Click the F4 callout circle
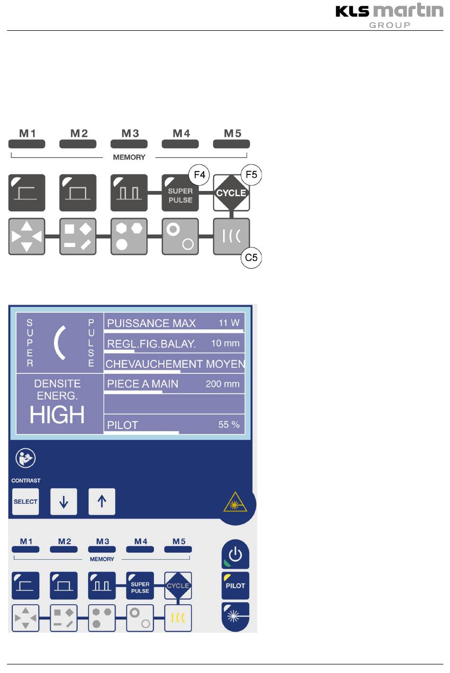point(199,175)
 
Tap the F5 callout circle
point(251,175)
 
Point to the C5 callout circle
point(251,257)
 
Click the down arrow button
point(64,501)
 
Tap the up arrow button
point(102,501)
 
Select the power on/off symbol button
point(235,554)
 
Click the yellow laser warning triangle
point(235,502)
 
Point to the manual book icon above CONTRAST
point(25,458)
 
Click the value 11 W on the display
point(229,323)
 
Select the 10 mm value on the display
point(225,343)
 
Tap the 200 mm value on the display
point(222,384)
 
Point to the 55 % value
point(228,425)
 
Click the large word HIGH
point(57,415)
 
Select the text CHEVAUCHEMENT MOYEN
point(175,364)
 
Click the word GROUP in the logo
point(390,25)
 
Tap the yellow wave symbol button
point(178,618)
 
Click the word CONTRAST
point(26,481)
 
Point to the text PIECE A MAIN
point(143,384)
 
